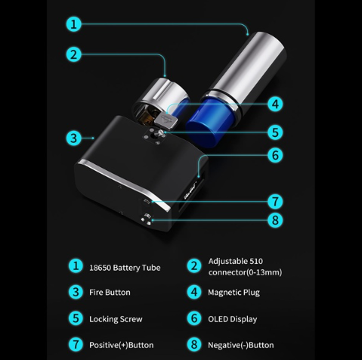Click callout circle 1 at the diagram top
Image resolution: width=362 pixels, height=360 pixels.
tap(73, 24)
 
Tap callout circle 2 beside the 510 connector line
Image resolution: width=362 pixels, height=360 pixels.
tap(73, 54)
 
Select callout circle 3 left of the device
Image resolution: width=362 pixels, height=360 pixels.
tap(73, 138)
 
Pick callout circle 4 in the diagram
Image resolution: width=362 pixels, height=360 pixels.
tap(275, 104)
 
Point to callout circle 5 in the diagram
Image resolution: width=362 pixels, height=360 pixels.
tap(275, 132)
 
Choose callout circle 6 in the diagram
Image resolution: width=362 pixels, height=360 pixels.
tap(275, 155)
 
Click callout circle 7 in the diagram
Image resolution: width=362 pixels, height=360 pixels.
tap(275, 201)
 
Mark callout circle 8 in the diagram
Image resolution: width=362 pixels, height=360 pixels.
tap(275, 220)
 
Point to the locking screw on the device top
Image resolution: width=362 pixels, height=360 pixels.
tap(159, 133)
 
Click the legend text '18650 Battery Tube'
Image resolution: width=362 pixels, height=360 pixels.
tap(125, 268)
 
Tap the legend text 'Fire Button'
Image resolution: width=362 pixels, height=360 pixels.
tap(110, 292)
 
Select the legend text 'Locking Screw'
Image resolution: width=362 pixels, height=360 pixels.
tap(116, 319)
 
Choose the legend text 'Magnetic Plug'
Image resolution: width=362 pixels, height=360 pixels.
tap(234, 293)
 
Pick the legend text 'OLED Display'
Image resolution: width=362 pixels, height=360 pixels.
tap(233, 319)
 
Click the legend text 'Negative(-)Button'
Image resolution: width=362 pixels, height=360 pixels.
tap(241, 345)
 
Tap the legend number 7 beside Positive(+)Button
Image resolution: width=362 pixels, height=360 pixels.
tap(76, 345)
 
